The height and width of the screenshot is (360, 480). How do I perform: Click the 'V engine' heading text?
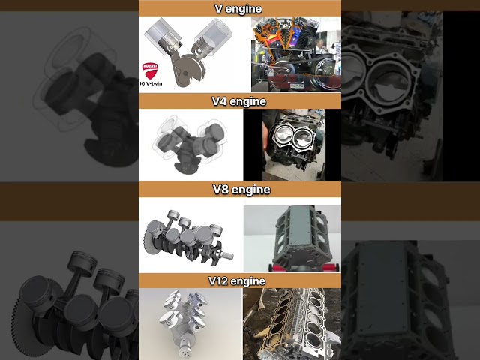pos(239,9)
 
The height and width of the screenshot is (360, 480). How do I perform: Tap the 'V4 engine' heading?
pos(239,101)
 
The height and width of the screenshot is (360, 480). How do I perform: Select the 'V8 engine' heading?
pos(239,190)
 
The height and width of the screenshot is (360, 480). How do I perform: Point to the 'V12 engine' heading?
pos(239,281)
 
